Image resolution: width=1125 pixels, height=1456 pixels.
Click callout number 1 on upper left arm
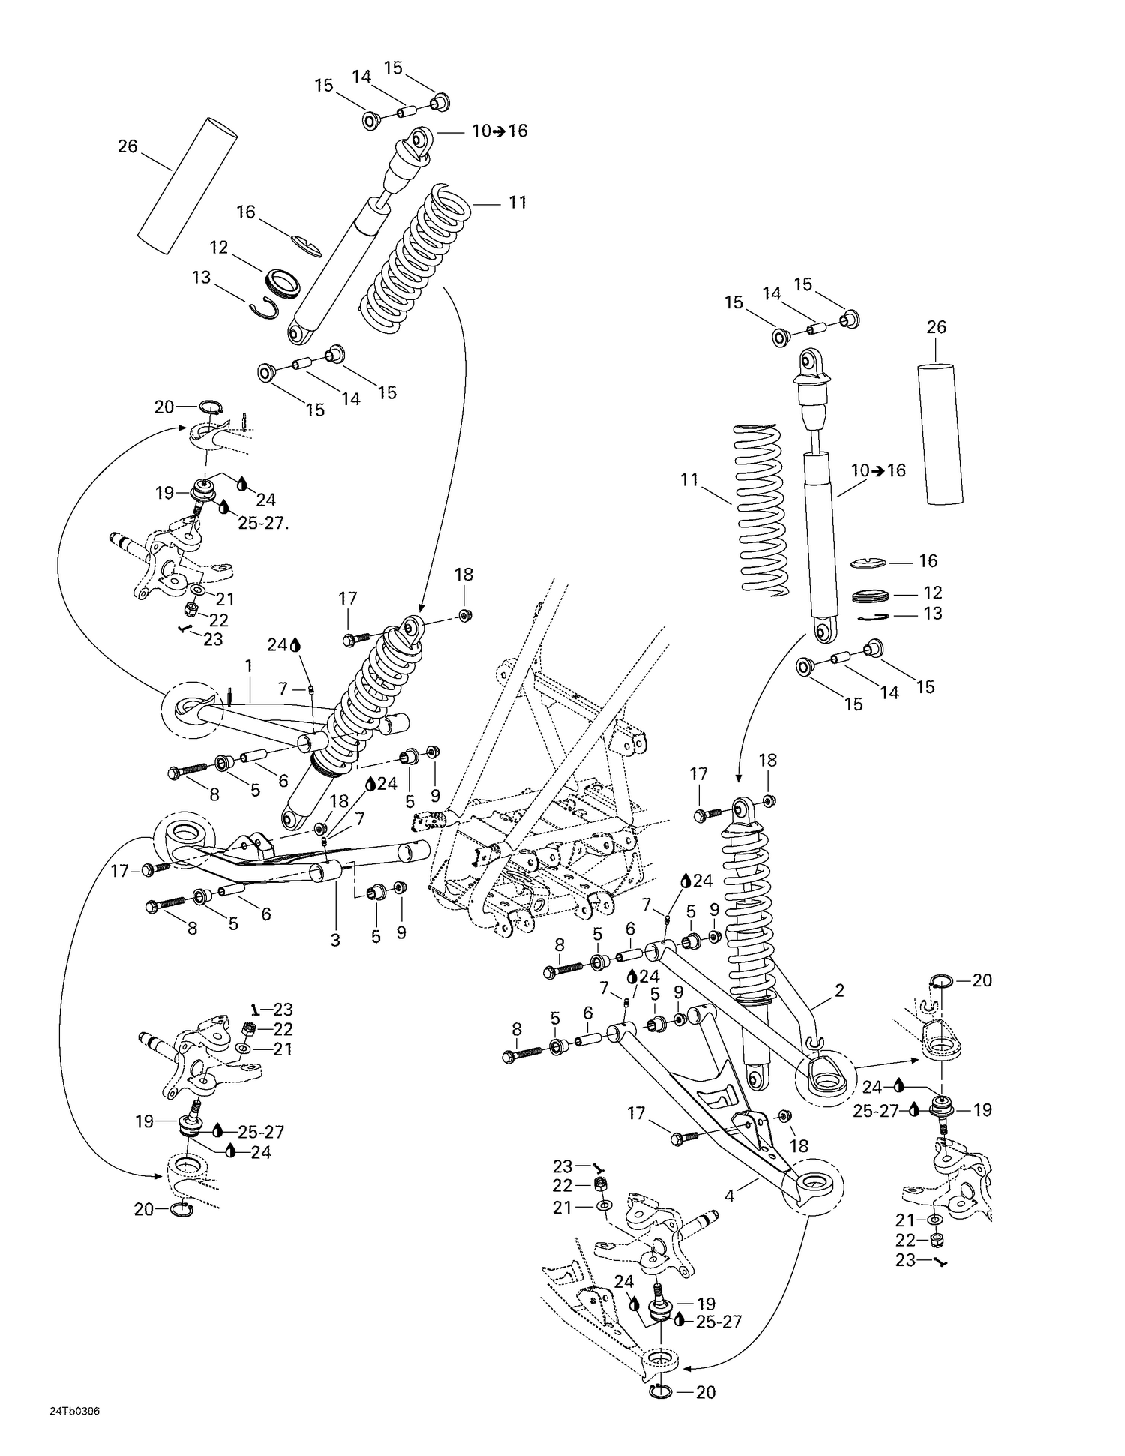click(248, 665)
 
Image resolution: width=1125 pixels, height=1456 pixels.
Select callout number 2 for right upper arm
click(839, 991)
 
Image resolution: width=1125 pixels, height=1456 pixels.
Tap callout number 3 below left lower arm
click(335, 940)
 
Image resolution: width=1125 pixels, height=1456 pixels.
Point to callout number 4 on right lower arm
click(729, 1197)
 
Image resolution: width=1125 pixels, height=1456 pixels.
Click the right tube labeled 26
click(940, 434)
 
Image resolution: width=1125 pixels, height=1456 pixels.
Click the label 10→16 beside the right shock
click(878, 471)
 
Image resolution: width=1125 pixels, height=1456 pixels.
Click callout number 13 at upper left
click(201, 278)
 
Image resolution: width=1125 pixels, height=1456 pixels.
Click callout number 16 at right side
click(928, 561)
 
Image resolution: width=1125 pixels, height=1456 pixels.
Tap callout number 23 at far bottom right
click(905, 1261)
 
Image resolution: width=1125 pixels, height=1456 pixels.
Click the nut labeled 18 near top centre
click(465, 616)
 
